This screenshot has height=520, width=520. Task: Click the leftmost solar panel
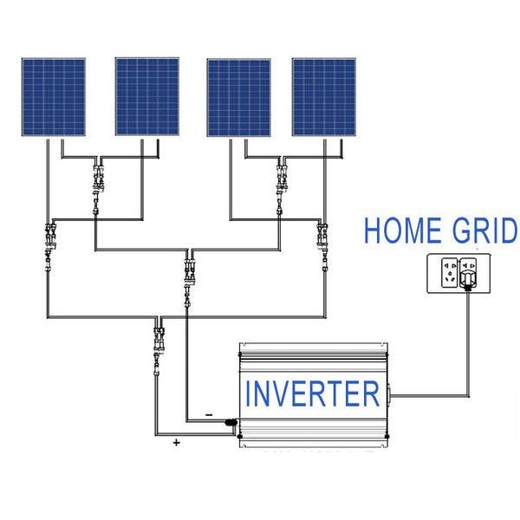[54, 98]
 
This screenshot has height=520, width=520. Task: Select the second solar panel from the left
[146, 98]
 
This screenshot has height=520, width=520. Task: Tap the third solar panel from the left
[238, 98]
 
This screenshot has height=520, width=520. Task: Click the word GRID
[485, 231]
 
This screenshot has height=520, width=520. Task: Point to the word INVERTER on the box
[313, 393]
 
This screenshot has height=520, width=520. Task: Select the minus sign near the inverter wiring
[209, 415]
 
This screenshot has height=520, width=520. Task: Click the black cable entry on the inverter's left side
[231, 424]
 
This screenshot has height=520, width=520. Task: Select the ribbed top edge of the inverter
[312, 349]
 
